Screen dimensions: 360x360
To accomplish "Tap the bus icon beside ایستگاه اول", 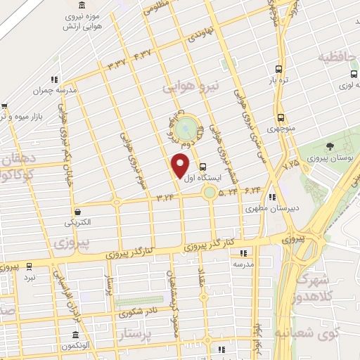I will tap(203, 167).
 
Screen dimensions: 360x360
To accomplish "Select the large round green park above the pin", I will tap(186, 129).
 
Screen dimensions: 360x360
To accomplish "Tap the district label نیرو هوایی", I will tap(191, 86).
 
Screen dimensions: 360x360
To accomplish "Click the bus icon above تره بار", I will tap(280, 69).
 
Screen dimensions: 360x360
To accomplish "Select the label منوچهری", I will tap(280, 129).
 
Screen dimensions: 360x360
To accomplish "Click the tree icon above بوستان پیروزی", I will tap(330, 146).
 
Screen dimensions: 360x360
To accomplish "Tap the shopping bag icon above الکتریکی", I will tap(77, 211).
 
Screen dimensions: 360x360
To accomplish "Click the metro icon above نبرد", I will tap(29, 266).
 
